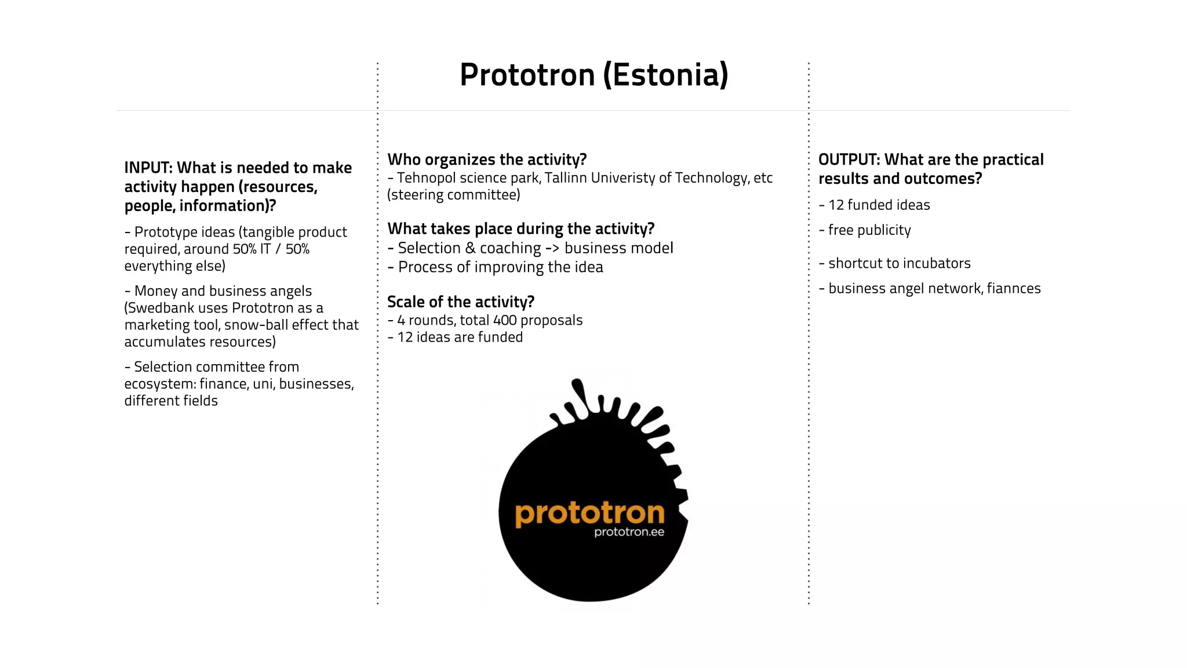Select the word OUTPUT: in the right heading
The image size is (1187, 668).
point(849,159)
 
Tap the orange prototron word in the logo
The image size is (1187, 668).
point(589,514)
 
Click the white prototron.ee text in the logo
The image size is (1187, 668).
point(629,532)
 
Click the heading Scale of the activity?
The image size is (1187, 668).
point(461,302)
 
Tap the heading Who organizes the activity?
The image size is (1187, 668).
point(487,159)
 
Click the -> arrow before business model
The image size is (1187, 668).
point(552,248)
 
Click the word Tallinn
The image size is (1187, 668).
point(566,178)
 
